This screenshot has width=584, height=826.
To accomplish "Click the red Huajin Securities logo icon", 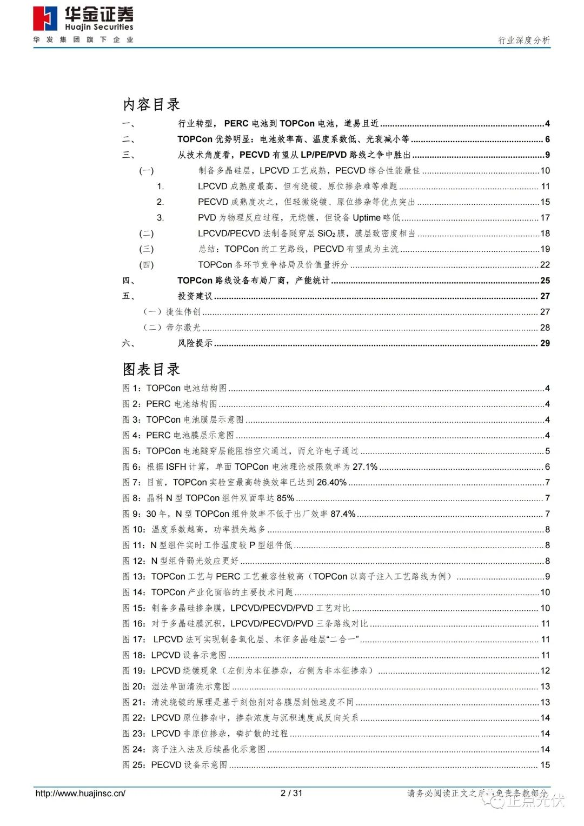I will point(45,19).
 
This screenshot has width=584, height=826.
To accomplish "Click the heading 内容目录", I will point(151,104).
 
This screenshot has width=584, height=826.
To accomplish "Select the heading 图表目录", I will point(151,369).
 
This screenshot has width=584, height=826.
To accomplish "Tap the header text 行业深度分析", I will point(523,40).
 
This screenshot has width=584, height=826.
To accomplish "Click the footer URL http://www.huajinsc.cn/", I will point(80,794).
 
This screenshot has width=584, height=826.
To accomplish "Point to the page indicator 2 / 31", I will point(291,794).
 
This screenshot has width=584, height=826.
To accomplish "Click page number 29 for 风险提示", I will point(545,343).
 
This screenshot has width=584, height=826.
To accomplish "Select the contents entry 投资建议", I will point(195,296).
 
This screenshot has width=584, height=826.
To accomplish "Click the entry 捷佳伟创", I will point(183,312).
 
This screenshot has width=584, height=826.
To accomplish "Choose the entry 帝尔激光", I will point(183,328).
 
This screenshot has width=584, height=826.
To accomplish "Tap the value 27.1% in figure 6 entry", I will point(365,467).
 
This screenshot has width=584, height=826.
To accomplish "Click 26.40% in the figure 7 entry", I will point(331,482).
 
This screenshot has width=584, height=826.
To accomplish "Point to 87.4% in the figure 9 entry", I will point(343,514).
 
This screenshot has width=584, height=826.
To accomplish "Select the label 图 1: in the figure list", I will point(132,388).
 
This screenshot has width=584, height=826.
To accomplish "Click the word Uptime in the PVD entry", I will point(367,218).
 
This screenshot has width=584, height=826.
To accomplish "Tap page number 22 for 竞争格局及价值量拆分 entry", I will point(545,265).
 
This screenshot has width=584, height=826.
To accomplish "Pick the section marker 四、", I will point(129,281).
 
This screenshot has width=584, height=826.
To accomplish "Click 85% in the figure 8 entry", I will point(286,498).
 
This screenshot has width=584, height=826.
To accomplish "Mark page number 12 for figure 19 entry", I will point(545,671).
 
